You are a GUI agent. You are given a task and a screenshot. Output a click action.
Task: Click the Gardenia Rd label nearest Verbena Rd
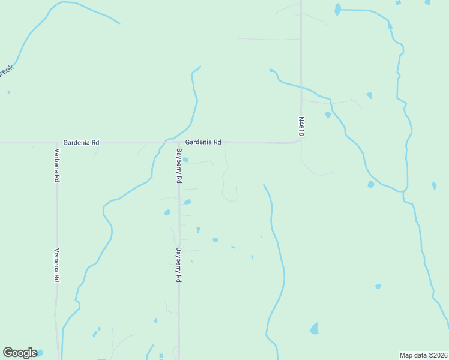[x=83, y=143]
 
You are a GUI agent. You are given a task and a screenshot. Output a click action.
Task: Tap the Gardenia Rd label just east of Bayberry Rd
[x=203, y=142]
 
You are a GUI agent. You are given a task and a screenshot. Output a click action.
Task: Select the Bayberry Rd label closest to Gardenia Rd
[x=178, y=166]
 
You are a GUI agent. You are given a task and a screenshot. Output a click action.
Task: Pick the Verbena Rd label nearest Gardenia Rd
[x=56, y=166]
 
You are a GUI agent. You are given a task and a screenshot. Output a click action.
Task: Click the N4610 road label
[x=301, y=127]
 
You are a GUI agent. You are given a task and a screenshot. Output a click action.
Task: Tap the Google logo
[x=20, y=353]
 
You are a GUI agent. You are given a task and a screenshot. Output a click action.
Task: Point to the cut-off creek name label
[x=5, y=71]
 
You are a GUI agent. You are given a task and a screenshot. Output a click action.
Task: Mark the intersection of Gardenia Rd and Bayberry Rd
[x=179, y=143]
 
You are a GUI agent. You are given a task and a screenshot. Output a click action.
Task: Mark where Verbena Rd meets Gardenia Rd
[x=56, y=143]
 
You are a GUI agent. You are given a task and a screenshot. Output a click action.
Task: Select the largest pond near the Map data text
[x=314, y=329]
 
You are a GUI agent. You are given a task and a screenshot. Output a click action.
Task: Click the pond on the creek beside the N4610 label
[x=328, y=115]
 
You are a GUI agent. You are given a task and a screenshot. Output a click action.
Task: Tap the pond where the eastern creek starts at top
[x=337, y=9]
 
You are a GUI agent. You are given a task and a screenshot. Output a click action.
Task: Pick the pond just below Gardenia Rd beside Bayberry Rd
[x=185, y=160]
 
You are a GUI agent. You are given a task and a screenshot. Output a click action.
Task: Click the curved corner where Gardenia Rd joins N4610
[x=298, y=140]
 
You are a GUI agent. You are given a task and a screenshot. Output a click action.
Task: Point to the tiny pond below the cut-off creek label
[x=8, y=92]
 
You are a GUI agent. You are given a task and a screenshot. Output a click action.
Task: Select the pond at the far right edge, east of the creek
[x=434, y=186]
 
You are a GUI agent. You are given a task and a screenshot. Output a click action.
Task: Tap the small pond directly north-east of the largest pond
[x=378, y=286]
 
